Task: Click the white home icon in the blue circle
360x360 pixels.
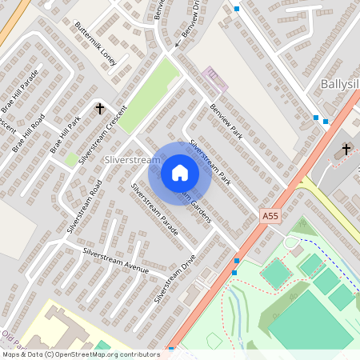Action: tap(179, 173)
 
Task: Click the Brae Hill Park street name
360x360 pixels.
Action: tap(66, 135)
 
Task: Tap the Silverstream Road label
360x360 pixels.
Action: tap(84, 206)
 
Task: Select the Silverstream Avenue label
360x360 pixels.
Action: tap(116, 261)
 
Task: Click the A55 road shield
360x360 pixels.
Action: tap(271, 216)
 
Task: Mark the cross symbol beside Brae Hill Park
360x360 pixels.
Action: tap(101, 108)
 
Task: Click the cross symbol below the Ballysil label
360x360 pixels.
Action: tap(346, 149)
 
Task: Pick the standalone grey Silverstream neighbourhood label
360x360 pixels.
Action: tap(133, 161)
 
